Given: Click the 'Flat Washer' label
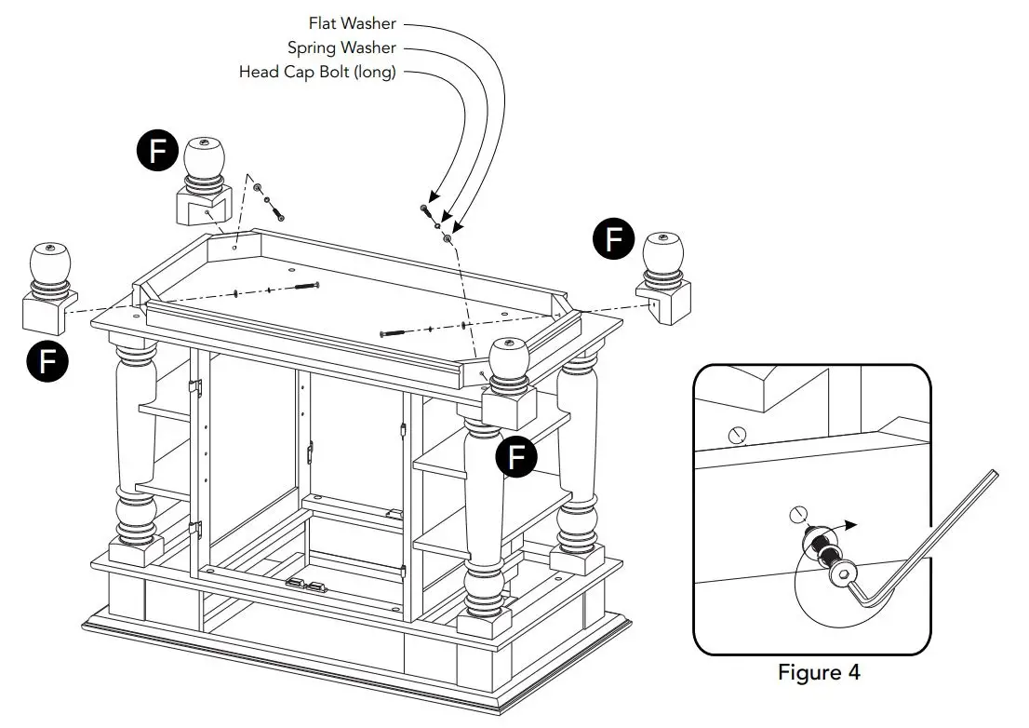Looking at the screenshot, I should coord(352,23).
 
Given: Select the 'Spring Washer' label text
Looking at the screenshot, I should coord(341,47).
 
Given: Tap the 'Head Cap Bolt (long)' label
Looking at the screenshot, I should coord(317,72).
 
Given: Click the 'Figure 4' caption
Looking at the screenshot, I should coord(819,672).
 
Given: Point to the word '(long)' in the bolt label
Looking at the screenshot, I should coord(372,72).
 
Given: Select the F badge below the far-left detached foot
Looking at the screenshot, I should coord(49,360).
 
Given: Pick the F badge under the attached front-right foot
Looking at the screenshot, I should coord(517,457).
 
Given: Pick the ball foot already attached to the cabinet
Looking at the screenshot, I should coord(508,382).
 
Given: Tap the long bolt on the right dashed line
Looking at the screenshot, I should coord(396,331).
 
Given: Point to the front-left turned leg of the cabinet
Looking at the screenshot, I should coord(136,438).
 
